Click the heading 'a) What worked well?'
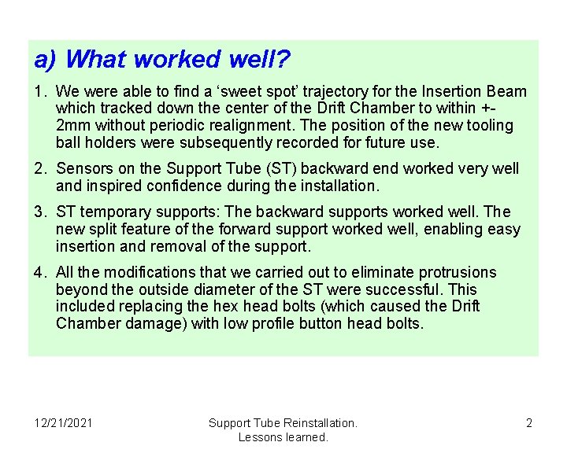click(x=162, y=59)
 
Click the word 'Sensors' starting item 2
click(x=84, y=168)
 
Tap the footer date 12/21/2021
click(x=63, y=423)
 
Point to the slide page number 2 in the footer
click(x=529, y=423)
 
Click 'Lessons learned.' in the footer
click(x=283, y=436)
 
